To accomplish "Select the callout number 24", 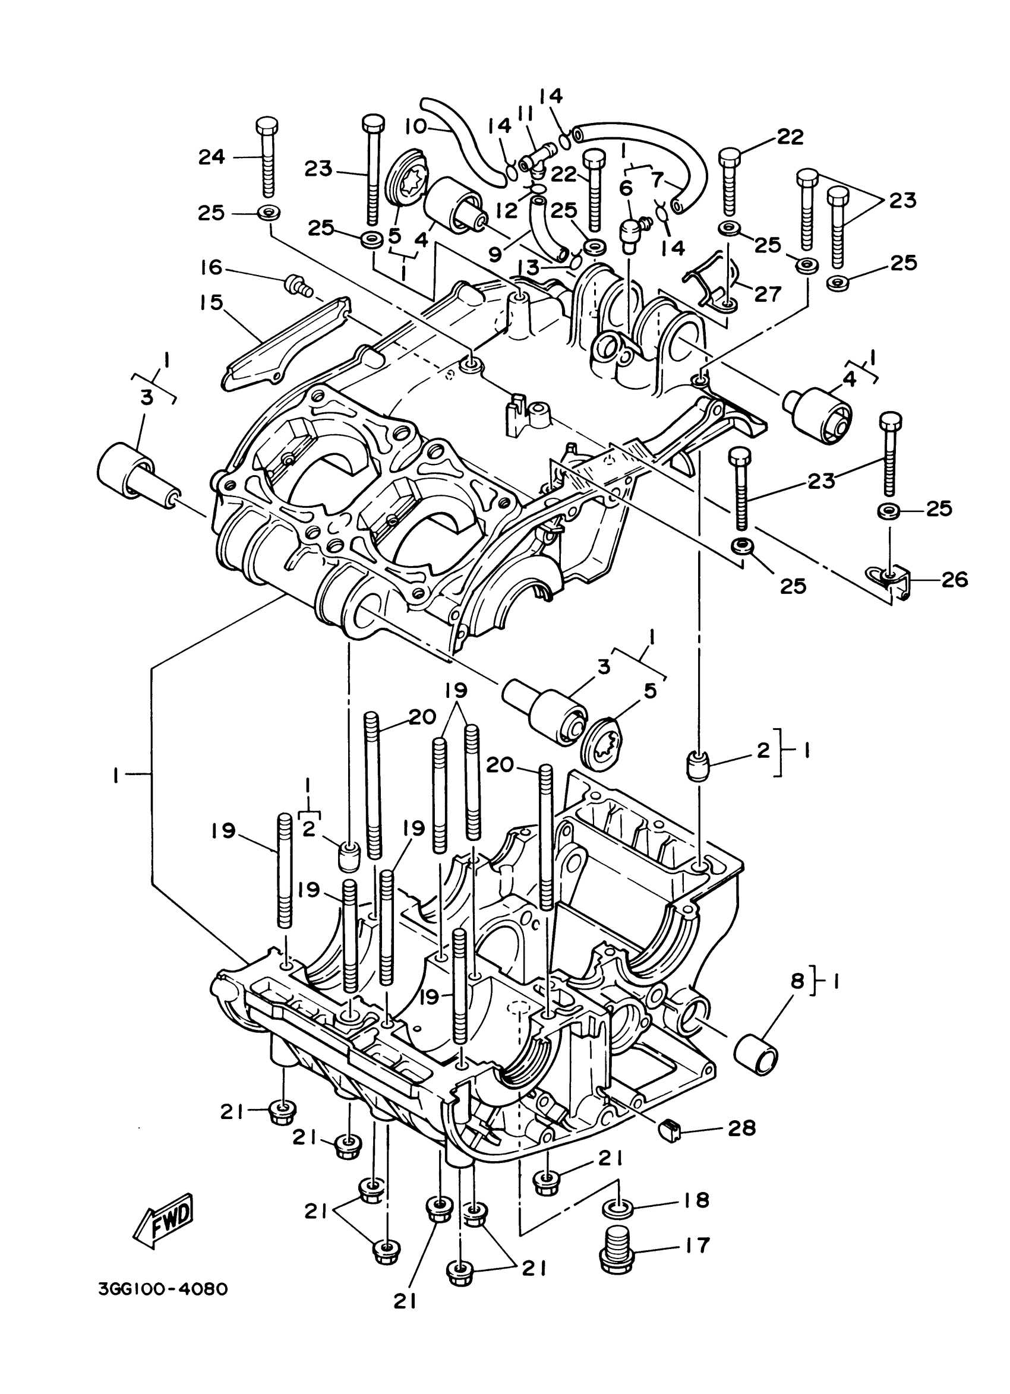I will coord(212,157).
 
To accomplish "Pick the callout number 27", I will coord(768,294).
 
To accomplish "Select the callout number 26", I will coord(954,580).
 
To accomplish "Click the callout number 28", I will coord(741,1128).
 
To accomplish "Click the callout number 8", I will coord(797,981).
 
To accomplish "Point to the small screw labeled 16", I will coord(298,285).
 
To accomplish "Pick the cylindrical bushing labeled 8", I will coord(756,1055).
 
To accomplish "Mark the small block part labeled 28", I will coord(670,1130).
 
